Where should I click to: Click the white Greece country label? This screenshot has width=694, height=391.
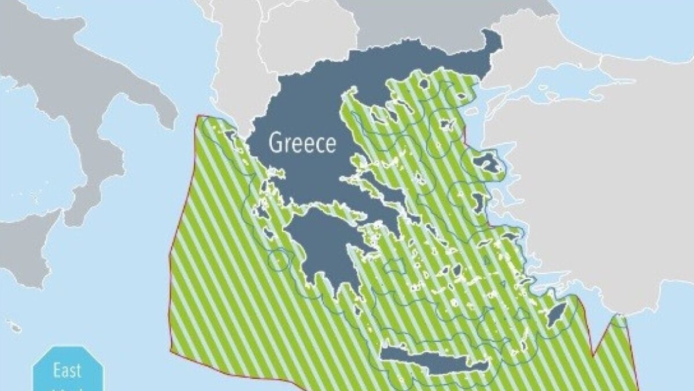302,142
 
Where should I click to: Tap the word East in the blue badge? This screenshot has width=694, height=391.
67,370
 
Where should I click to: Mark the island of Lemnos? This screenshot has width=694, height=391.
446,124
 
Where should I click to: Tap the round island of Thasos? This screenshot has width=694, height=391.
424,84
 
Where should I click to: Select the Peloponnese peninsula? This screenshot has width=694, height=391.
324,249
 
